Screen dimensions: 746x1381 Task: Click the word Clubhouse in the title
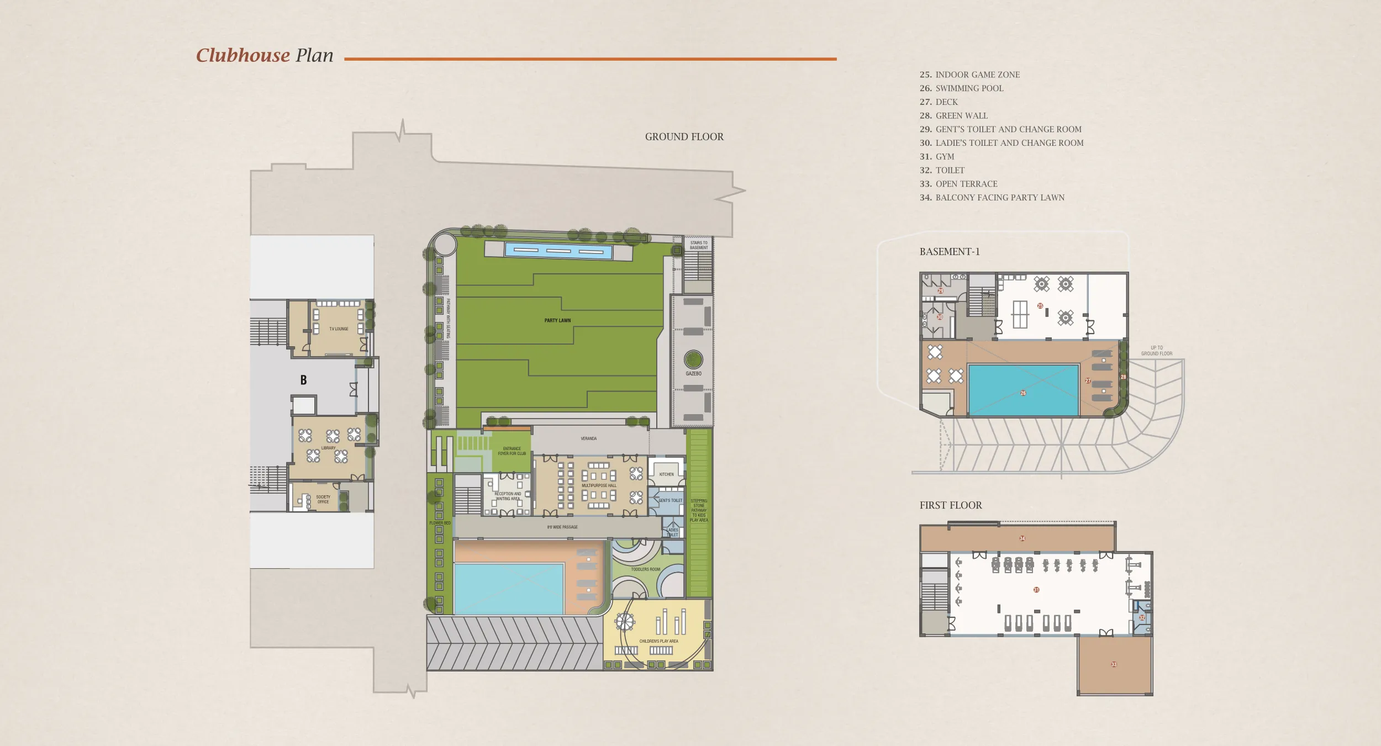(x=243, y=55)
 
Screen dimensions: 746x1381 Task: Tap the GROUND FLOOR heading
(x=684, y=137)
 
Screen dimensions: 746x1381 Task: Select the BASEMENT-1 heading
(x=949, y=252)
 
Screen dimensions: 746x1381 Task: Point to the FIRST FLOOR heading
(x=950, y=505)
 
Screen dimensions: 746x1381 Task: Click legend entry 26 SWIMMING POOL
(x=961, y=88)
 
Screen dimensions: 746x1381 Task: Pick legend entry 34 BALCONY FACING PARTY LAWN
(x=992, y=198)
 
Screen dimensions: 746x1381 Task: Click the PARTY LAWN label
(x=557, y=320)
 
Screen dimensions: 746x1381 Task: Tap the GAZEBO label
(x=693, y=374)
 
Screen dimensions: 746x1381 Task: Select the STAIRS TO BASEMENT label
(x=698, y=245)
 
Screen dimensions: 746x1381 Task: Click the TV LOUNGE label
(x=339, y=329)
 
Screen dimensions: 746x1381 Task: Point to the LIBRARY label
(x=328, y=448)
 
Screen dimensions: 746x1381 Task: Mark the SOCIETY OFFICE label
(x=323, y=499)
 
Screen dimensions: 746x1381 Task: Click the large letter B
(x=303, y=380)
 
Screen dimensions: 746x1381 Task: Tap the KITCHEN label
(x=666, y=474)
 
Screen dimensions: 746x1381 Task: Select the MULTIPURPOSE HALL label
(x=599, y=486)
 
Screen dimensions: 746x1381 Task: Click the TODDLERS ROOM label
(x=645, y=569)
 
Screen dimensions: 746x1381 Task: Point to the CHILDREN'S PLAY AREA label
(x=658, y=641)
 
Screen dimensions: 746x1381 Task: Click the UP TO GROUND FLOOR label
(x=1156, y=351)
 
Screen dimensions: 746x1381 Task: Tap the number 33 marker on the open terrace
(x=1114, y=664)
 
